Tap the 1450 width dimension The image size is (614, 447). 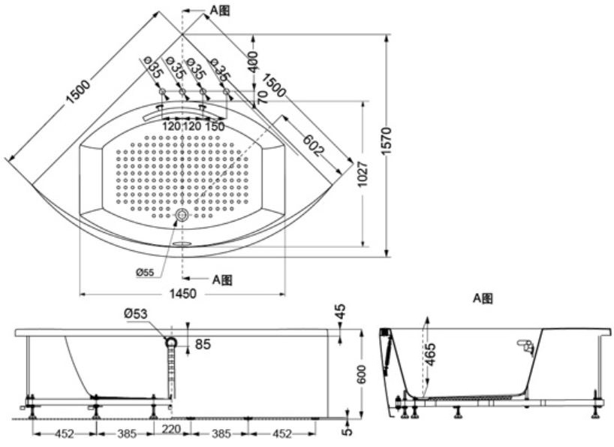pyautogui.click(x=182, y=294)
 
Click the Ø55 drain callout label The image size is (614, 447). pyautogui.click(x=145, y=273)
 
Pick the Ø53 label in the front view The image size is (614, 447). pyautogui.click(x=136, y=313)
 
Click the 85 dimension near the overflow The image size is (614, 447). pyautogui.click(x=202, y=345)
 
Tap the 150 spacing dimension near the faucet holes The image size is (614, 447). pyautogui.click(x=215, y=126)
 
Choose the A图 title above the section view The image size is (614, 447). pyautogui.click(x=482, y=298)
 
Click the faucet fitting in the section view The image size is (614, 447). pyautogui.click(x=526, y=346)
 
